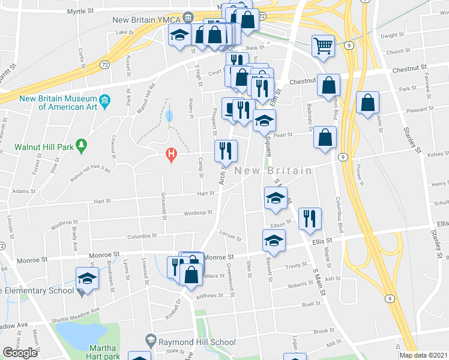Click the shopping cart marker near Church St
323,46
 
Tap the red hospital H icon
171,155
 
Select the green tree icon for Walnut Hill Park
82,145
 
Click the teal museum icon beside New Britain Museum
105,98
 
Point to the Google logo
20,353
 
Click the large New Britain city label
273,171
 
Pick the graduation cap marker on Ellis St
274,241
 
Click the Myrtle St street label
84,11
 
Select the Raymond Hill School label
197,342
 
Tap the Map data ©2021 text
424,355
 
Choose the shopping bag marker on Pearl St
324,137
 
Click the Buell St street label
312,305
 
